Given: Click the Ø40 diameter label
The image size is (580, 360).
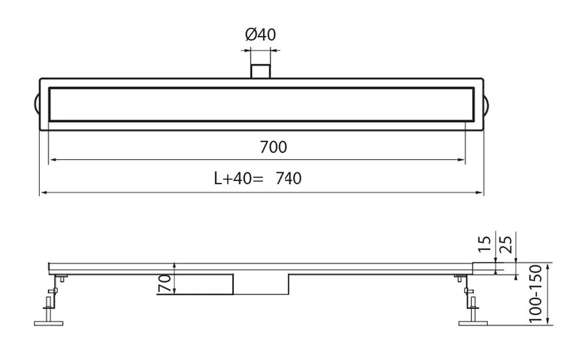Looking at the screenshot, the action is pos(261,34).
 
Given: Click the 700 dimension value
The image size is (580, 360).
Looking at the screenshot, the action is pos(273,147).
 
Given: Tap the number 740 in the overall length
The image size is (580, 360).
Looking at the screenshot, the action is pos(288,178).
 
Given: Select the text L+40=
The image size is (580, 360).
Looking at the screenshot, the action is pos(239,178).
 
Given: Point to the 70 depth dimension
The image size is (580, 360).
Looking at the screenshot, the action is pos(165,283).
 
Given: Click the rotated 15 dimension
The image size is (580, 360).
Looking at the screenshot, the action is pos(485,244).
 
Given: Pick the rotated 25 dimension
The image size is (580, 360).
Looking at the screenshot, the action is pos(506,244).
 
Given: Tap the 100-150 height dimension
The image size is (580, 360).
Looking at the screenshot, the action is pos(535,294).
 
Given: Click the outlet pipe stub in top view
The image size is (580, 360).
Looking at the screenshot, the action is pos(261,71).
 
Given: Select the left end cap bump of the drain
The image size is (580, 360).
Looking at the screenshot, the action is pos(37,104).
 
